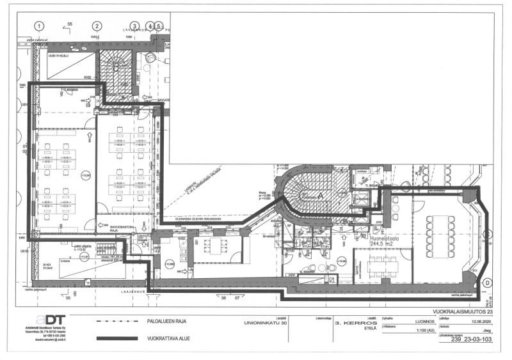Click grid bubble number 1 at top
[x=40, y=26]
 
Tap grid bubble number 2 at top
[x=96, y=26]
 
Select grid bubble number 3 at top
[x=134, y=26]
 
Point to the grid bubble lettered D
[x=487, y=282]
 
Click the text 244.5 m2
[x=383, y=243]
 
